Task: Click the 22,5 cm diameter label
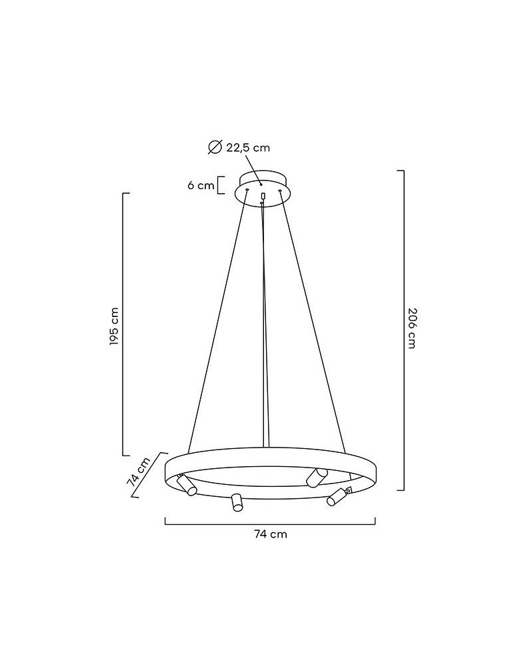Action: (248, 148)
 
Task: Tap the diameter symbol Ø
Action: (215, 147)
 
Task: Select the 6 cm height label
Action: (201, 186)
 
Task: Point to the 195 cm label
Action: (113, 326)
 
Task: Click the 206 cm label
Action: (411, 328)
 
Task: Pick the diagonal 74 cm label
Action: (139, 471)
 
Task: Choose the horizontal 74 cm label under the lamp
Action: (271, 534)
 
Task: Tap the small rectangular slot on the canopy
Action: (263, 196)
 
